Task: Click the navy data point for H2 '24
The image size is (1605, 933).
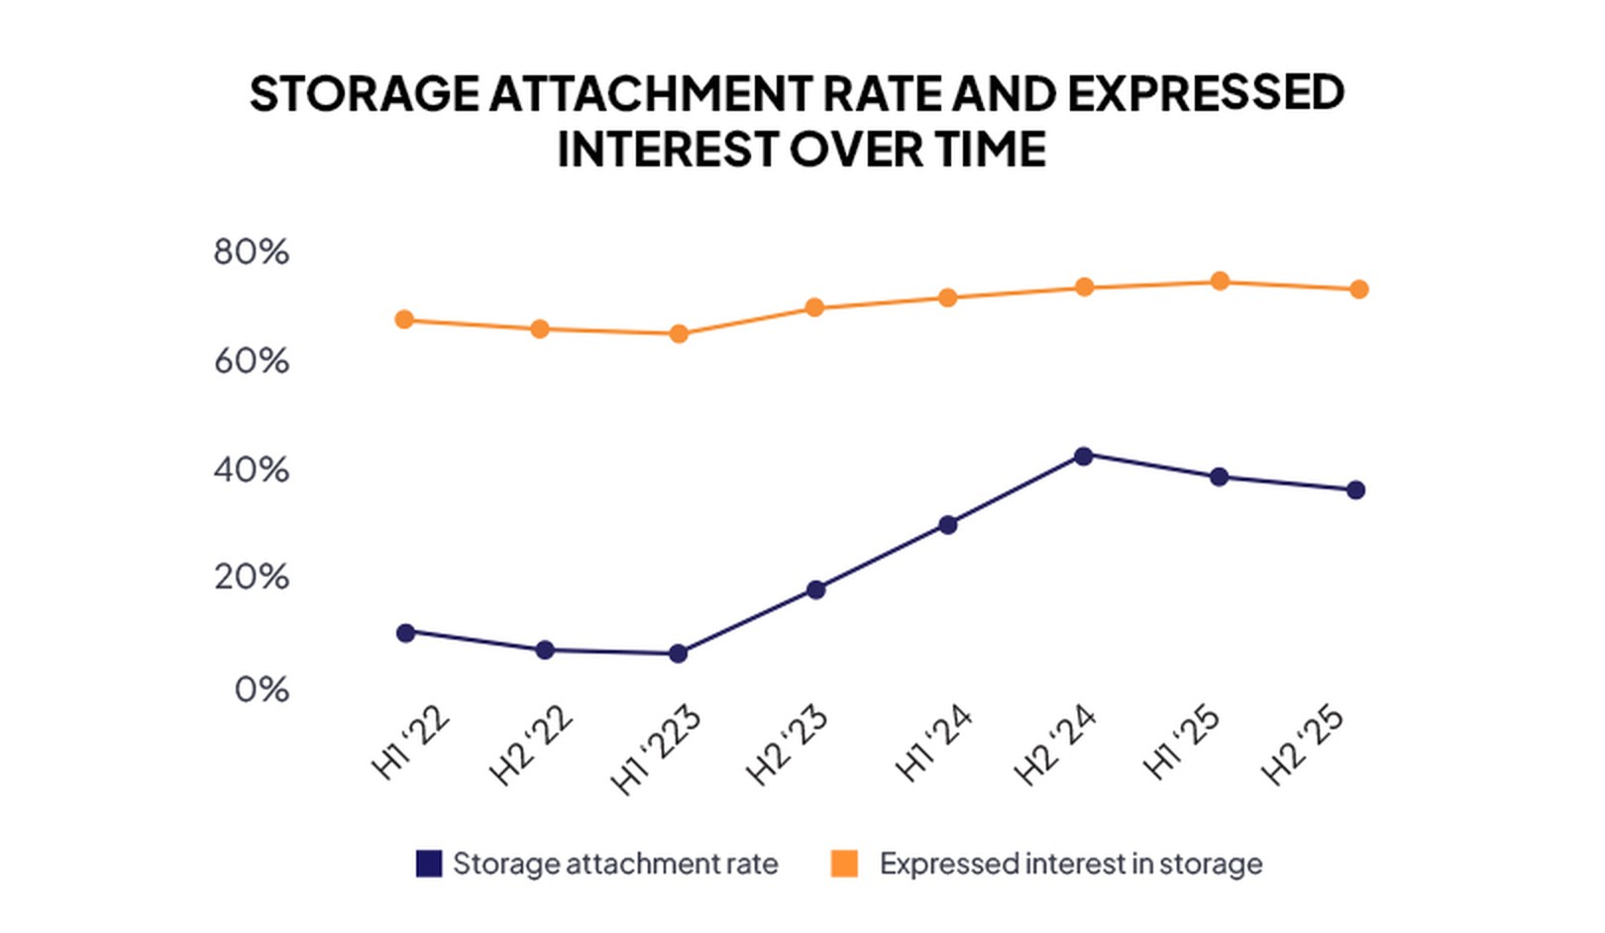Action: click(1083, 457)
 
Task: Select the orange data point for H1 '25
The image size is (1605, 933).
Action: click(1220, 282)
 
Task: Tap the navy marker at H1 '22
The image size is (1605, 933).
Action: click(405, 633)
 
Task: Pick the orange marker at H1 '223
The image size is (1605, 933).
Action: click(679, 335)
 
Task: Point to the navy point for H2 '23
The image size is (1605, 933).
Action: click(815, 590)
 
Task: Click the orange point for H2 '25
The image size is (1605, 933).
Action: click(1358, 290)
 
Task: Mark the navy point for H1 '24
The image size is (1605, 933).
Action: click(947, 525)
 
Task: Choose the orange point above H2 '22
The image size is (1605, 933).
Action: click(540, 329)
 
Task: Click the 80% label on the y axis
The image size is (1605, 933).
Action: click(252, 253)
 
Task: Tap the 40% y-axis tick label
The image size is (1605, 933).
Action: click(252, 469)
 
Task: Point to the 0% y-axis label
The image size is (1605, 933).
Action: click(262, 689)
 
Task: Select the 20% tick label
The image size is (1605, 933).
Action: click(252, 577)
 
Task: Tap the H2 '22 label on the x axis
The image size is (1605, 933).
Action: click(532, 745)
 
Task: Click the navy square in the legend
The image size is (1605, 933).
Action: click(429, 864)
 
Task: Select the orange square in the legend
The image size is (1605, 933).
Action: click(844, 864)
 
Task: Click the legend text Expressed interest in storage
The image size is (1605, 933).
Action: click(1070, 864)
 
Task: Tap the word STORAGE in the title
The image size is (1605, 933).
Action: click(364, 94)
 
